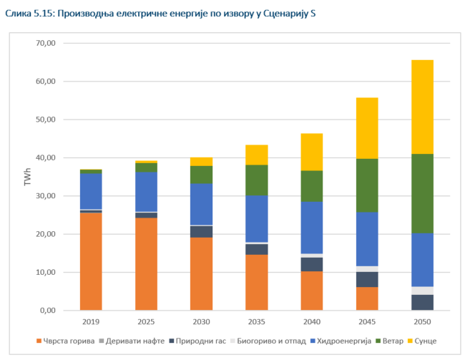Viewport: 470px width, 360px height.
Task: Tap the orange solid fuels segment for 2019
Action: pos(91,261)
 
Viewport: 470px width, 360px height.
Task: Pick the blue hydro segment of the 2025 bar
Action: pos(146,192)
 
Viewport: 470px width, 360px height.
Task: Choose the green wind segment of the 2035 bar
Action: pos(256,180)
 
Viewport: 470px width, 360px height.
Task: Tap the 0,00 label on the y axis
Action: pos(47,311)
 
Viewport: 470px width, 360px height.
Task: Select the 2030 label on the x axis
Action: pos(201,323)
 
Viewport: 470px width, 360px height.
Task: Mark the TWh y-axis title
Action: pos(27,177)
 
